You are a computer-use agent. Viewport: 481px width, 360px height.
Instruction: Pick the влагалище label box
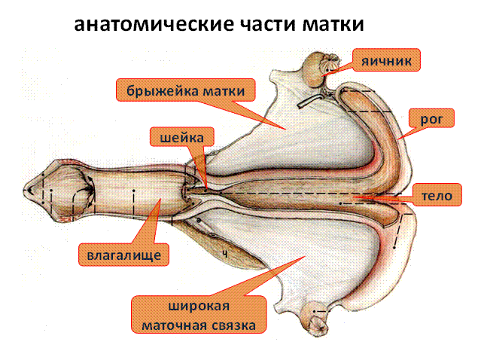click(123, 254)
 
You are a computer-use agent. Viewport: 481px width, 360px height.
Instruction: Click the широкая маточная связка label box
click(197, 316)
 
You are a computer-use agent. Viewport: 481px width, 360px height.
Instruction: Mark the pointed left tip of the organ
click(27, 191)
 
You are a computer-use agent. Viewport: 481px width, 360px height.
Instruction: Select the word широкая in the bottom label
click(197, 307)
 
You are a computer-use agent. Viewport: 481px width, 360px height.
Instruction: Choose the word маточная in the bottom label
click(175, 325)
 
